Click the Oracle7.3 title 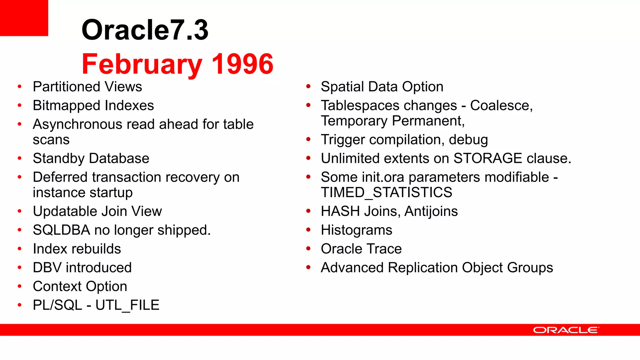click(145, 30)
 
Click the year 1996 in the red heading click(242, 64)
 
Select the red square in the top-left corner click(24, 18)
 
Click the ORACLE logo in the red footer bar click(566, 330)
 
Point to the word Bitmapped click(67, 106)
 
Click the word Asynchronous click(77, 124)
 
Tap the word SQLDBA click(61, 230)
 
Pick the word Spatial click(342, 87)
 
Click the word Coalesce click(501, 106)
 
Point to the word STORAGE click(487, 158)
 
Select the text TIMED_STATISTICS click(386, 192)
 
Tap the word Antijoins click(431, 211)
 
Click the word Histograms click(356, 230)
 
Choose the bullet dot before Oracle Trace click(308, 249)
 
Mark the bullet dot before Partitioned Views click(20, 87)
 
